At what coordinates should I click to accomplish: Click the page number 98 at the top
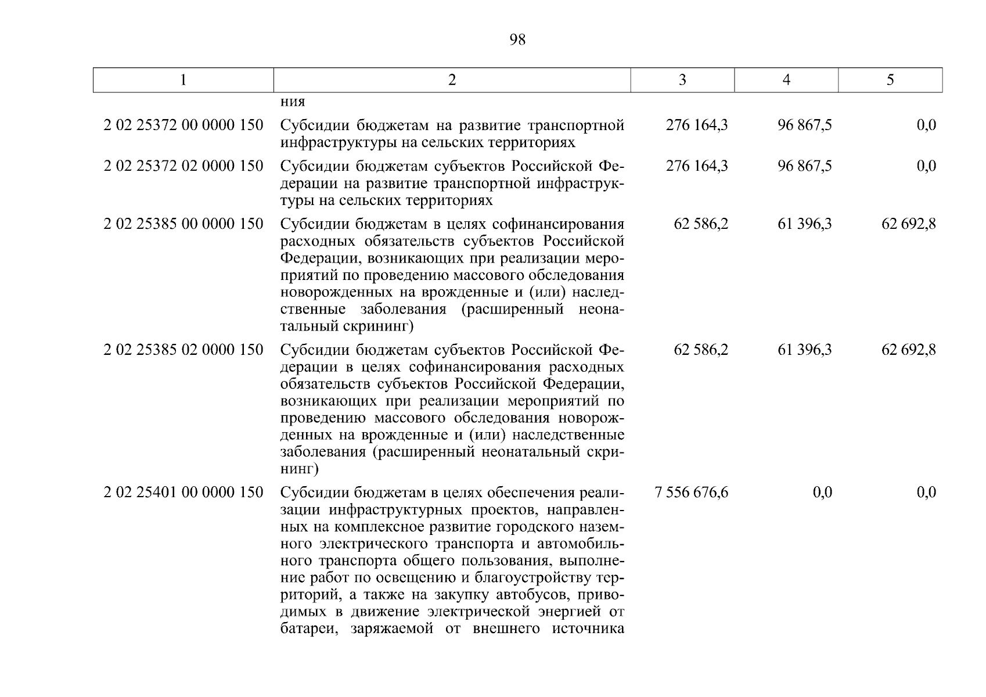point(517,39)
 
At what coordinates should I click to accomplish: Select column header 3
point(682,80)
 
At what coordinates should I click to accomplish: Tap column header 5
point(890,80)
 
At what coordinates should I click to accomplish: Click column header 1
point(183,80)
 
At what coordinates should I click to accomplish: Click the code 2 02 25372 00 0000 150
point(183,125)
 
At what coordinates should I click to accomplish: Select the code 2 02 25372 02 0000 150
point(183,166)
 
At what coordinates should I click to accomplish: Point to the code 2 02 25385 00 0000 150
point(183,224)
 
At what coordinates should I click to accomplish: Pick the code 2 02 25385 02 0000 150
point(183,350)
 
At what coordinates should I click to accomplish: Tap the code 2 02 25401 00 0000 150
point(183,493)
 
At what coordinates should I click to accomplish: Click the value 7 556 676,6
point(691,493)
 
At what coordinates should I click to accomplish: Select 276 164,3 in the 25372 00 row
point(697,125)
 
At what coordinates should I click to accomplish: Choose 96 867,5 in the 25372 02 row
point(805,166)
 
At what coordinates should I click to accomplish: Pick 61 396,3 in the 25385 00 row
point(805,224)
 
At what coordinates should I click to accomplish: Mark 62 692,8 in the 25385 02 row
point(909,350)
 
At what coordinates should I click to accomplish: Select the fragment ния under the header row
point(293,102)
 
